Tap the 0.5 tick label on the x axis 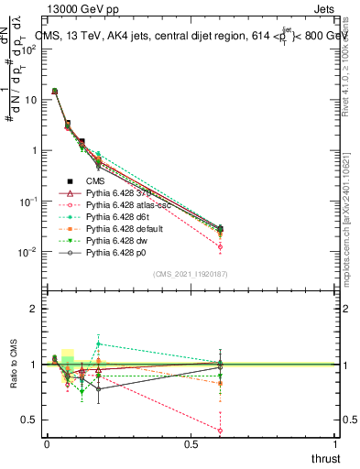pos(191,442)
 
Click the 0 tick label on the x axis pos(47,442)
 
